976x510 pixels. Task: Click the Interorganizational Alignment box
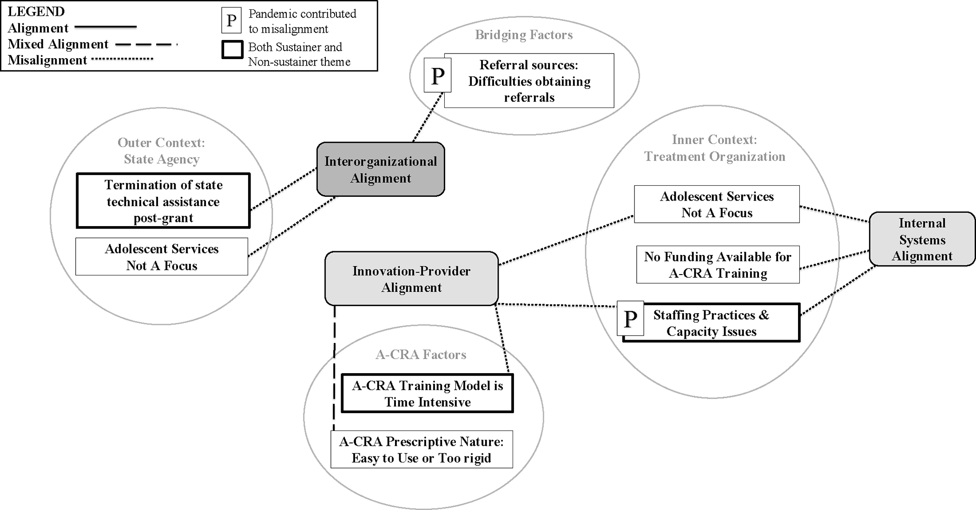point(380,169)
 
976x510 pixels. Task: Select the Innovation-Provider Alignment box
point(411,279)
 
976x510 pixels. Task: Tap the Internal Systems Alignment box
point(922,239)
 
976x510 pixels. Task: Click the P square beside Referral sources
point(437,76)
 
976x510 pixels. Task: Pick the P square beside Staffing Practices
point(630,319)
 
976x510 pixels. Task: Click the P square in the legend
point(231,20)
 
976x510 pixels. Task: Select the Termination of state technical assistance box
point(163,201)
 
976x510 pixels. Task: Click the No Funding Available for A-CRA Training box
point(718,265)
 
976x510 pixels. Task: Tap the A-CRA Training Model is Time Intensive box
point(427,394)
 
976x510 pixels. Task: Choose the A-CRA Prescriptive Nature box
point(422,450)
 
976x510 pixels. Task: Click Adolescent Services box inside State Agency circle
point(161,257)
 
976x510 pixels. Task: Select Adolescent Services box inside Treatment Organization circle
point(717,204)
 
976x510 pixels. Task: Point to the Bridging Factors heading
point(523,35)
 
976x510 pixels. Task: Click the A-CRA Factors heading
point(421,355)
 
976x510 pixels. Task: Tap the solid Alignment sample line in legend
point(106,27)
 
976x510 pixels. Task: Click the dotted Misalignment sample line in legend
point(122,59)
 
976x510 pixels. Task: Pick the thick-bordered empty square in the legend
point(232,50)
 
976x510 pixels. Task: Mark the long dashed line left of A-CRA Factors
point(334,368)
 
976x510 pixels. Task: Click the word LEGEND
point(36,11)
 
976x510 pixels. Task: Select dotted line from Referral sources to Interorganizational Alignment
point(427,117)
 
